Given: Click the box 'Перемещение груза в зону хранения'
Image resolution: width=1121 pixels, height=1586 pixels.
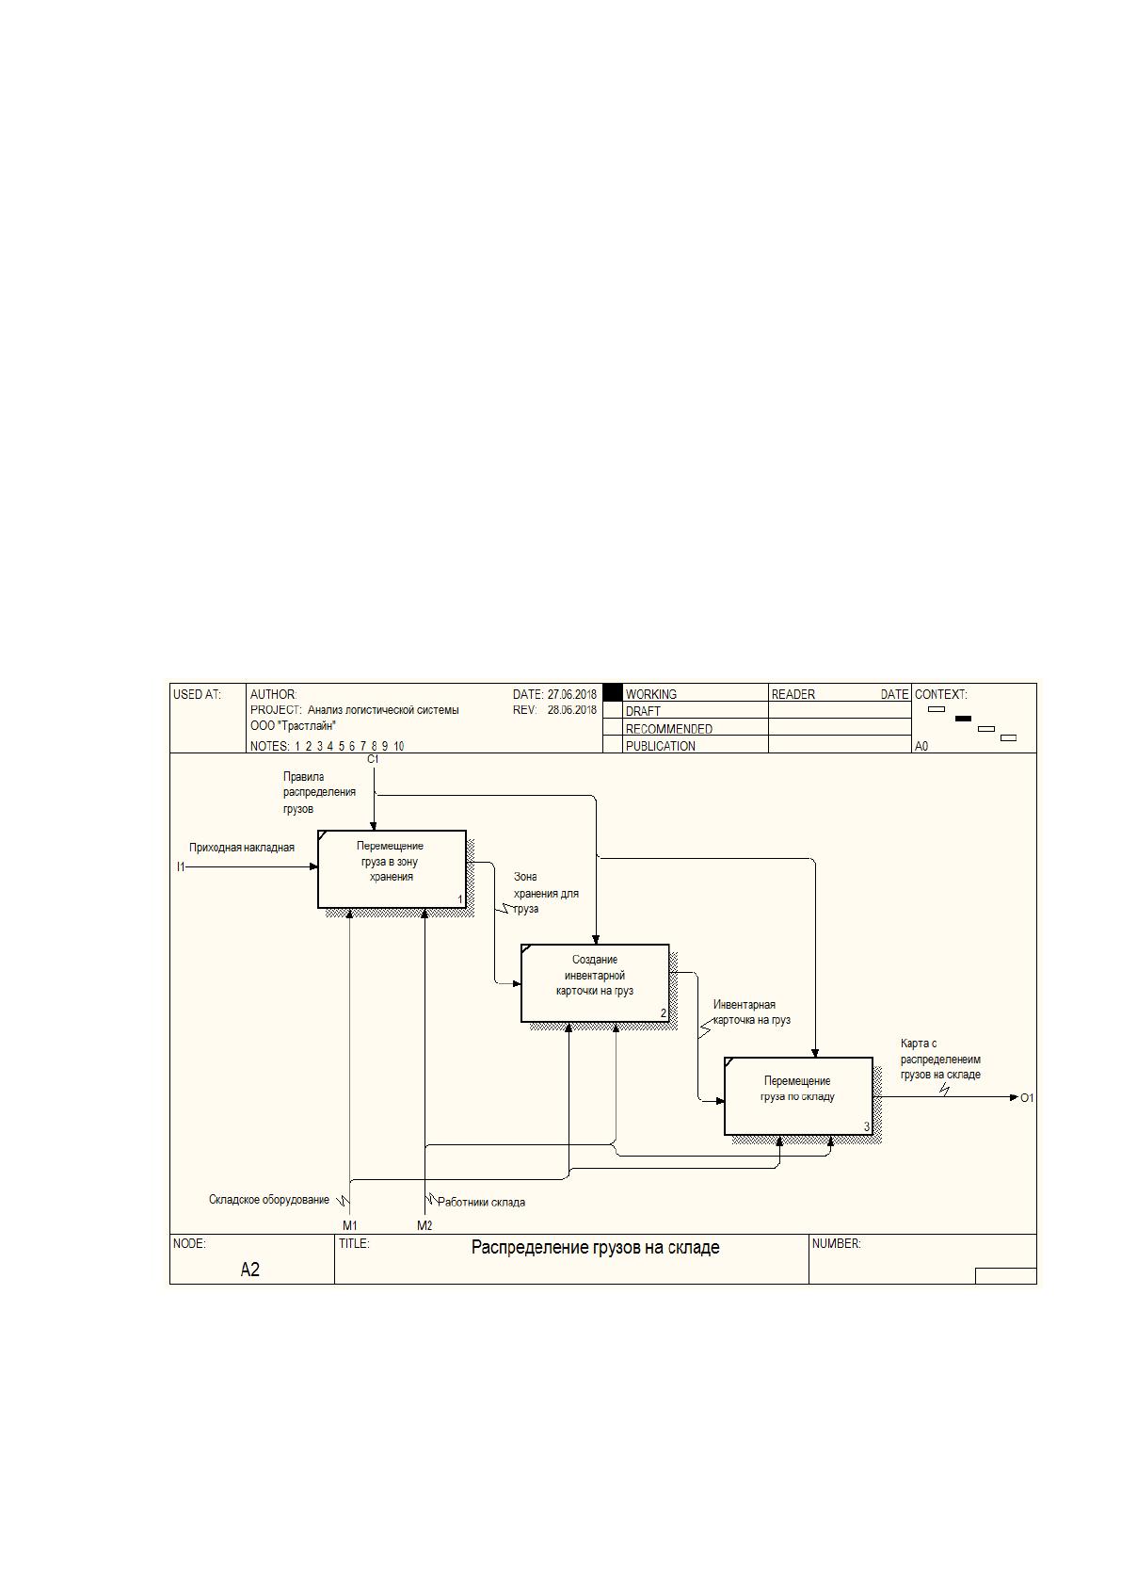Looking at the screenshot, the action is coord(392,868).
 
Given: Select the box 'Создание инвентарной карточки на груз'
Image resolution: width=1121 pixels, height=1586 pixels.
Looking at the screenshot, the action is coord(595,982).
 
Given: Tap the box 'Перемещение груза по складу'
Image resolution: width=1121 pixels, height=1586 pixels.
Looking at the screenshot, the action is coord(798,1096).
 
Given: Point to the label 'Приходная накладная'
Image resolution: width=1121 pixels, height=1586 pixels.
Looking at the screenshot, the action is coord(241,848).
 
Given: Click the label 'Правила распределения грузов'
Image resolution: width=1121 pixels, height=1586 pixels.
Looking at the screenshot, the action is coord(319,792).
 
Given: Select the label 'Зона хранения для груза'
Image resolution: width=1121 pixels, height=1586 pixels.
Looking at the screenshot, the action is coord(546,893).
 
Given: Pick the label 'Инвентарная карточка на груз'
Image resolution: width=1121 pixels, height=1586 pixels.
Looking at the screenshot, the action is coord(751,1012).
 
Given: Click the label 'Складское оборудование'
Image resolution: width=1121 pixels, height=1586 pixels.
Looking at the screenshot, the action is coord(269,1200).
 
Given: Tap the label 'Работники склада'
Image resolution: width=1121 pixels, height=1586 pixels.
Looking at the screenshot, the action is coord(481,1202).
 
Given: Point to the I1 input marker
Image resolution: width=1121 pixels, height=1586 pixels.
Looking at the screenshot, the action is coord(181,866).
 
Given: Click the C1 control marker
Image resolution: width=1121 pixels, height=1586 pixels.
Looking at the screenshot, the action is coord(373,759).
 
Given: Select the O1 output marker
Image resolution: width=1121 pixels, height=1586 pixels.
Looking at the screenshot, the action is coord(1027,1097).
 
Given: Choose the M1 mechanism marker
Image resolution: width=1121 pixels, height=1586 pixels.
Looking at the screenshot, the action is coord(349,1225).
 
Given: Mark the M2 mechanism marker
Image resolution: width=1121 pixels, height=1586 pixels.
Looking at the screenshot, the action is coord(424,1225).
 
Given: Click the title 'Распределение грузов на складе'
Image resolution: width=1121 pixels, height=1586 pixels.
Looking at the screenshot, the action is coord(595,1248).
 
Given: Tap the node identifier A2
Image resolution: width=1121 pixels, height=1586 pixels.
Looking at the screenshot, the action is coord(249,1270).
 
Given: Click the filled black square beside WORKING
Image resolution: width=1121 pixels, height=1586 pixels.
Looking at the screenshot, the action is coord(612,692).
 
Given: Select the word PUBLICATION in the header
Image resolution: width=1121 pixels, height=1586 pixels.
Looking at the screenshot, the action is coord(661,746).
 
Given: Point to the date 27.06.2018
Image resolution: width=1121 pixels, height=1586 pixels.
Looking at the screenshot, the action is coord(572,695).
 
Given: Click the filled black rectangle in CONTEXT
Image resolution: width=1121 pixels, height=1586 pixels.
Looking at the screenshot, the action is coord(963,719).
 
